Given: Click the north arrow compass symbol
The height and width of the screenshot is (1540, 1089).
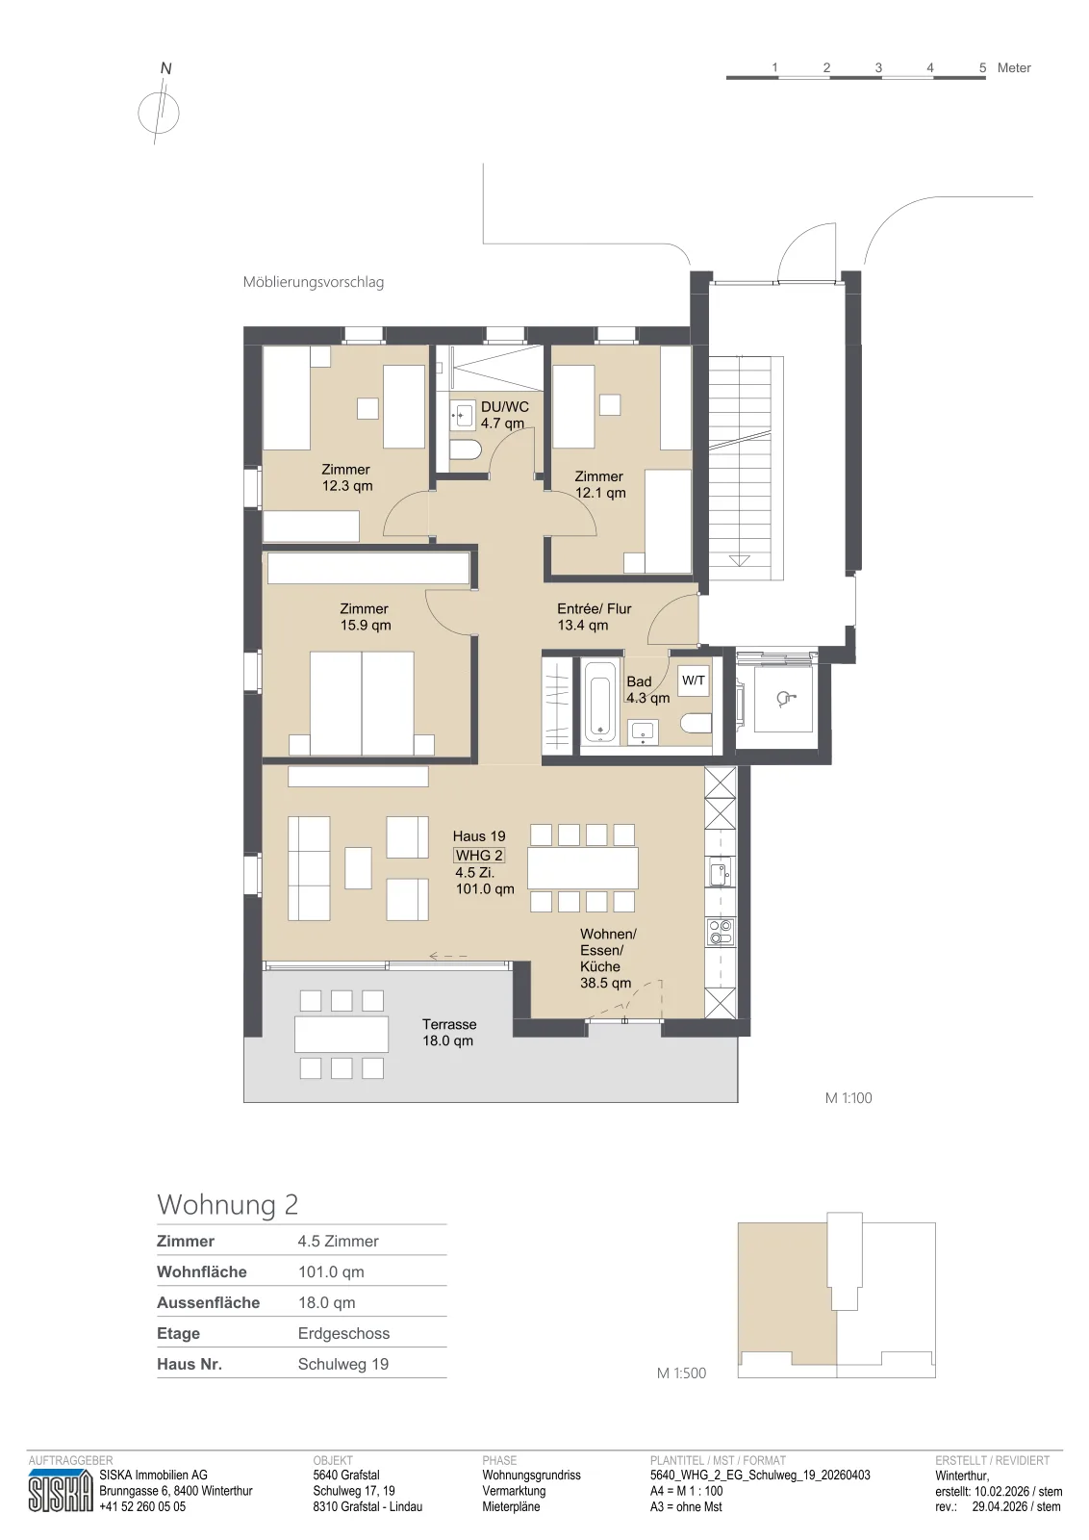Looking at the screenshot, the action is point(159,112).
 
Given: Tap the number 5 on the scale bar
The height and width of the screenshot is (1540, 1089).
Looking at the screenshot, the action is point(982,68).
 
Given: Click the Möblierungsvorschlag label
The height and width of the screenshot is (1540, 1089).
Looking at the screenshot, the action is point(314,282).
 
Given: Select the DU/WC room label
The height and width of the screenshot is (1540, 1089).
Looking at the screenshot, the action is point(504,415).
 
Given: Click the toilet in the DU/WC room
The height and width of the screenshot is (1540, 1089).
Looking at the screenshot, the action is point(467,451).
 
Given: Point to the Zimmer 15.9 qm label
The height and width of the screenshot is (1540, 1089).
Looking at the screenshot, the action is point(365,617).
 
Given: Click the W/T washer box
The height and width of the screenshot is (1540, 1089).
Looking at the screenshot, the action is point(694,680).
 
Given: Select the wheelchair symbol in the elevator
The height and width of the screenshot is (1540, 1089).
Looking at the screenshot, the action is point(785,699).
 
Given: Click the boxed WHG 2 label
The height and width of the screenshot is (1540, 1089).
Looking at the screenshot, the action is point(479,856).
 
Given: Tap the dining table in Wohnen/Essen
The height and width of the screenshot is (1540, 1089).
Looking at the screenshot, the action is point(583,868).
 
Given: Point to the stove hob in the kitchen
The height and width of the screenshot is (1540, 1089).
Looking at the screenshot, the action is point(720,933).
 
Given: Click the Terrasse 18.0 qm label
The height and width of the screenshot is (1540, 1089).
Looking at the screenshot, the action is point(448,1032).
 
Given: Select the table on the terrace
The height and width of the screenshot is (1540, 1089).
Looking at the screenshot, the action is point(342,1035).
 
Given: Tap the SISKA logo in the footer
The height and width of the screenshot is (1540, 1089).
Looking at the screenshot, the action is point(61,1491).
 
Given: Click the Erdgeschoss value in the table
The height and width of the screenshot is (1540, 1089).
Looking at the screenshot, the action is point(343,1333).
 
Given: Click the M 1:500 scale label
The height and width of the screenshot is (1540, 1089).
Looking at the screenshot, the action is point(681,1373).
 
